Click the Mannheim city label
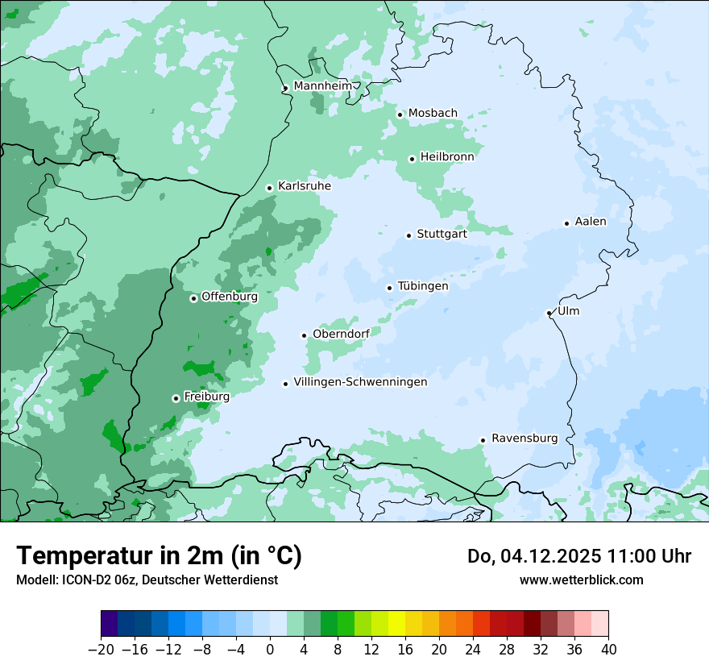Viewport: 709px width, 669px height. pos(322,86)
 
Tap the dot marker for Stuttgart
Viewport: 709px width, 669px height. pos(408,235)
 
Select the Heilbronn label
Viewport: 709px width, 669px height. pos(447,157)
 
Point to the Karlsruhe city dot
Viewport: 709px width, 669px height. pos(269,188)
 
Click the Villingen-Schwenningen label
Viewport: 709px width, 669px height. pos(360,382)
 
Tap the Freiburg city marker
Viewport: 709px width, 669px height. pos(176,398)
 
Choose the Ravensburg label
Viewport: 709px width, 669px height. pos(524,438)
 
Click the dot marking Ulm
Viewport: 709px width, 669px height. pos(549,313)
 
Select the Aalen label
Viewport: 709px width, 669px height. pos(591,222)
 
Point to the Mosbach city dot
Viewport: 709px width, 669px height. pos(400,114)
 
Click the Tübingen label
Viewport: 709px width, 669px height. pos(423,286)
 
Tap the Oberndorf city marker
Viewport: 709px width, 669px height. pos(304,335)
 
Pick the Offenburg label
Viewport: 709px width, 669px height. pos(230,297)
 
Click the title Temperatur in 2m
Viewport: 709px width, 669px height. pos(159,555)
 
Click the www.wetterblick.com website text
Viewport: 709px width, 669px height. pos(581,580)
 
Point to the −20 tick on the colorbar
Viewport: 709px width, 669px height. pos(102,650)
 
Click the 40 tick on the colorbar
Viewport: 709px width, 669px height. pos(608,650)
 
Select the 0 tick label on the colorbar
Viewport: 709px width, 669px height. pos(270,650)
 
